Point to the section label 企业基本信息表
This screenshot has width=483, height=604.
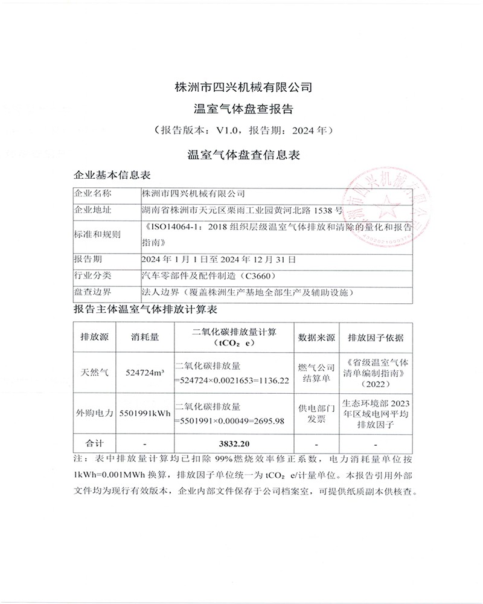pos(112,175)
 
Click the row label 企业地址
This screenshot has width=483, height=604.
pos(92,210)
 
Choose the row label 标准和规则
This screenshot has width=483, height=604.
pos(97,234)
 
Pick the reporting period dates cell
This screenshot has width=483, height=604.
pos(218,260)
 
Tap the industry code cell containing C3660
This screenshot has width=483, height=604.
pos(208,276)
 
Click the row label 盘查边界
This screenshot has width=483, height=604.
pos(92,292)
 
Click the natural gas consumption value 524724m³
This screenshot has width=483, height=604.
pos(145,373)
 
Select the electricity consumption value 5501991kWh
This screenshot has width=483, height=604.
pos(145,414)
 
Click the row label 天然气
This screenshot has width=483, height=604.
pos(94,373)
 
